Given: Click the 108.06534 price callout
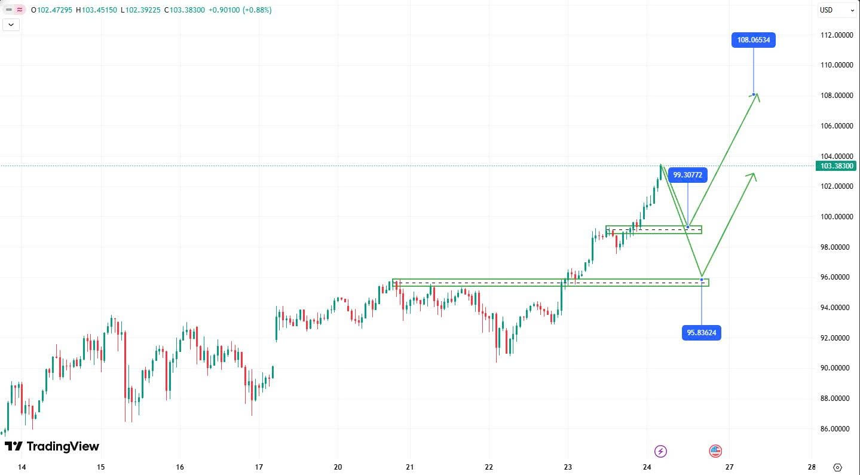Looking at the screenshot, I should tap(753, 41).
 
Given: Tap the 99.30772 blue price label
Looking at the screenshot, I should tap(688, 174).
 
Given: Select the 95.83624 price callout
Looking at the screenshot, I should tap(701, 333).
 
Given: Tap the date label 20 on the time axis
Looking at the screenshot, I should tap(338, 467).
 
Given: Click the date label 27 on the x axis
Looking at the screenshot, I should tap(729, 467).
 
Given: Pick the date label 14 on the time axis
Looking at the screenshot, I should tap(22, 467).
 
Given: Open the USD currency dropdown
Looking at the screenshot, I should tap(837, 10).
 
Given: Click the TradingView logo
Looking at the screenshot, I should tap(52, 446).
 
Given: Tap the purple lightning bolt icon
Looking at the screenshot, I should tap(660, 451).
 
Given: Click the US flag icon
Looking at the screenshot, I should tap(715, 451).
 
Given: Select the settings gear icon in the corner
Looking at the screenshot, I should tap(837, 467).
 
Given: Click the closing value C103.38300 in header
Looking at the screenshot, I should tap(184, 10).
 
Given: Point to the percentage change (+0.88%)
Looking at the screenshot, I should tap(257, 10).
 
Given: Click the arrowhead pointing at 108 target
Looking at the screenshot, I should tap(757, 97).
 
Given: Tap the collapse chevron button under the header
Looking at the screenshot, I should tap(12, 24).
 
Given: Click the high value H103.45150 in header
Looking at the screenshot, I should tap(96, 10).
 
